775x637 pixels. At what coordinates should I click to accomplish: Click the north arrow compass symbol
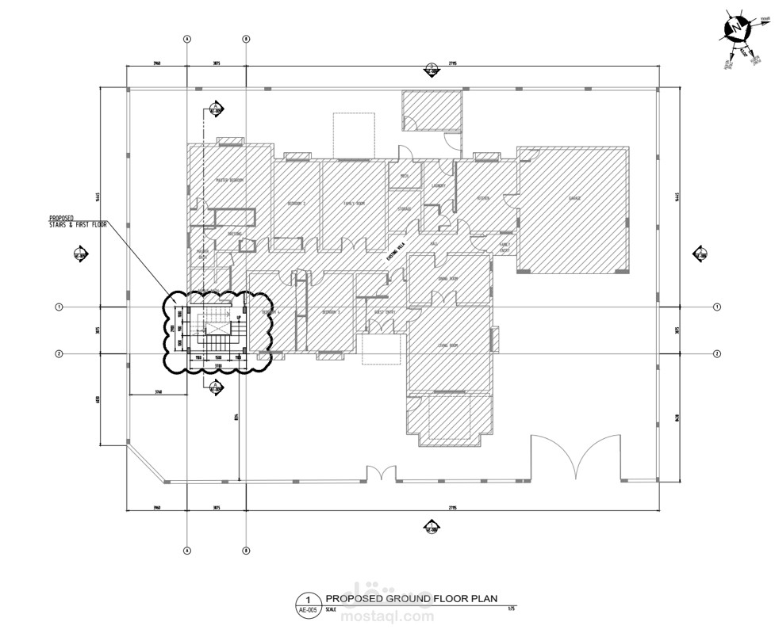[736, 30]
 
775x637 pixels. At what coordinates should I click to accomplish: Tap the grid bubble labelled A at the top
[187, 38]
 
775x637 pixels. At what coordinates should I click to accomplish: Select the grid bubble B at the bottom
[247, 550]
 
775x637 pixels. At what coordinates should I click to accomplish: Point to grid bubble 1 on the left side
[59, 307]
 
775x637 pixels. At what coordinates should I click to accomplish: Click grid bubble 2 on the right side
[716, 353]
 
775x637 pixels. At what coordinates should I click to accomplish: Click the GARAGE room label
[575, 198]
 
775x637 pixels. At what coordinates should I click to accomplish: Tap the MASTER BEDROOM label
[230, 181]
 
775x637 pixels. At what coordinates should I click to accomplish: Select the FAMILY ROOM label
[354, 204]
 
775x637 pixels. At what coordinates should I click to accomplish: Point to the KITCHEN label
[483, 198]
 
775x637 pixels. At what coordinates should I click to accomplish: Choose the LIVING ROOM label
[448, 345]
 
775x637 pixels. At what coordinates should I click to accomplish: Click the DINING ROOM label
[448, 279]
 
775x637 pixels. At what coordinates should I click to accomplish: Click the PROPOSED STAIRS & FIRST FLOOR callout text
[78, 221]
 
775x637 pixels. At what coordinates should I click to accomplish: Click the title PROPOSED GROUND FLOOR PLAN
[411, 599]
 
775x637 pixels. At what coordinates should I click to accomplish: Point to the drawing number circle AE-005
[307, 605]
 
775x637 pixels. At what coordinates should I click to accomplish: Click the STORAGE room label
[405, 209]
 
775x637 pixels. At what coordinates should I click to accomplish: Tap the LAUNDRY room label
[439, 186]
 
